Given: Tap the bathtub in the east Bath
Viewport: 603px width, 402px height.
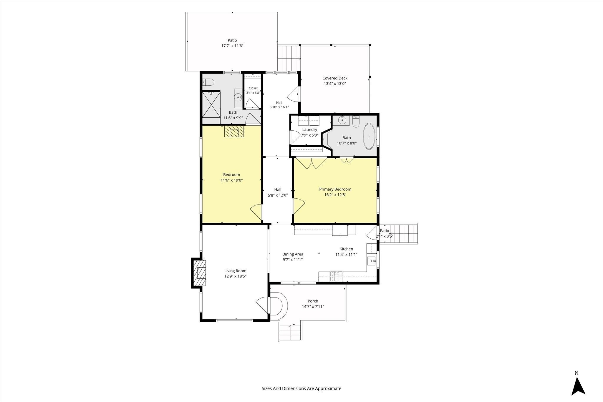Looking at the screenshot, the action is click(369, 137).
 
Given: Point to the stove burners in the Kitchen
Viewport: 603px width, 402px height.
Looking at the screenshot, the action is click(336, 276).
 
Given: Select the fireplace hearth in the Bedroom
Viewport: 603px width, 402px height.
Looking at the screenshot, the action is click(234, 132).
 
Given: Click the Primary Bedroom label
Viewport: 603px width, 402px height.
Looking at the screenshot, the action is click(335, 189).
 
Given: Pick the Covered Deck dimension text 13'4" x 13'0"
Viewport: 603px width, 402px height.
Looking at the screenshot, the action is click(335, 84).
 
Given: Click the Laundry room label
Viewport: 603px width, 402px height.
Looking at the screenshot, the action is click(309, 129).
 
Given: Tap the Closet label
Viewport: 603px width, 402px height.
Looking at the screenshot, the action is click(253, 88).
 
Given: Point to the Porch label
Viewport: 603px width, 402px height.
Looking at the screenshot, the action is click(313, 301).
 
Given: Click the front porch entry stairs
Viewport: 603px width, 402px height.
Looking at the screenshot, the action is click(290, 333).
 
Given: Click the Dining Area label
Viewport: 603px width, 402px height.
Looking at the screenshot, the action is click(293, 254).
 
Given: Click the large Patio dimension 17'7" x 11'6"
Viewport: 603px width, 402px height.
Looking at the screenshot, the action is click(232, 46).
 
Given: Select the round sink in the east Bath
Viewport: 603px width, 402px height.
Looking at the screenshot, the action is click(342, 120).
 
